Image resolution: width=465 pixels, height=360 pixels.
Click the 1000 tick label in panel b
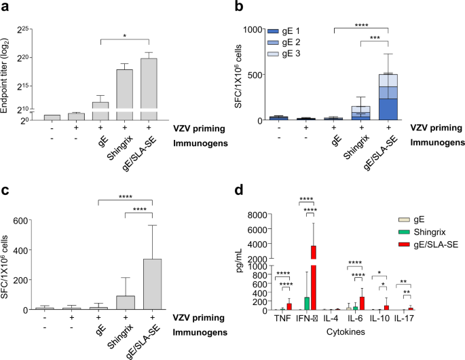[x=249, y=29]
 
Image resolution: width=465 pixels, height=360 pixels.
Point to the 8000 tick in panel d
[x=253, y=215]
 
